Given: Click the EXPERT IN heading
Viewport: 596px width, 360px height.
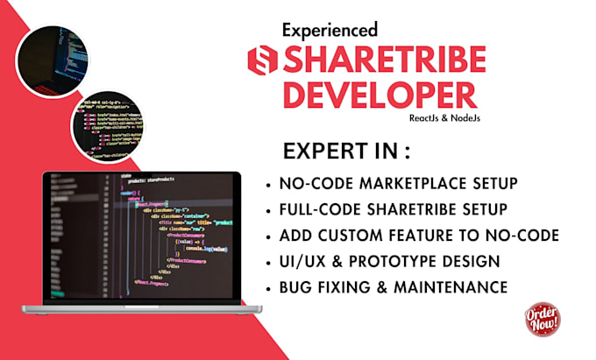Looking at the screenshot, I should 347,152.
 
